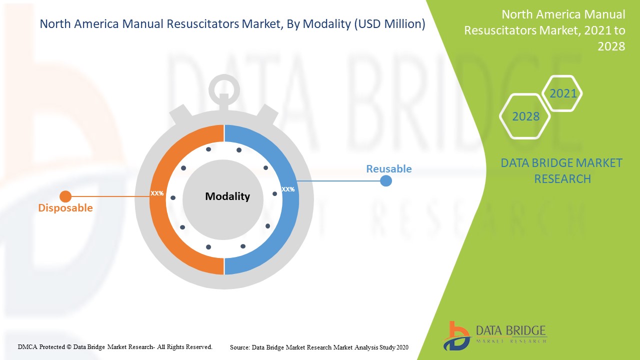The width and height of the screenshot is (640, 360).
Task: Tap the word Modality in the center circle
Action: (x=227, y=196)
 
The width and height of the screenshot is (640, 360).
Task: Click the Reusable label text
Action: (x=388, y=169)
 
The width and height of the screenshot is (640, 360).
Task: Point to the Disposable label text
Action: (x=65, y=208)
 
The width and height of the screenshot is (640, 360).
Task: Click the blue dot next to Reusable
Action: (x=385, y=180)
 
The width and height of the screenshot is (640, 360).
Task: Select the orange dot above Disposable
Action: (x=65, y=196)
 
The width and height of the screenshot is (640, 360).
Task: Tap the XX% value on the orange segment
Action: (x=157, y=193)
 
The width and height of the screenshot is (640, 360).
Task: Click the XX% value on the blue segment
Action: (x=288, y=189)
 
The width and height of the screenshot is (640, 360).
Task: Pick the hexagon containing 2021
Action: (x=562, y=93)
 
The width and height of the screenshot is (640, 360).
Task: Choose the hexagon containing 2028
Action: (x=525, y=116)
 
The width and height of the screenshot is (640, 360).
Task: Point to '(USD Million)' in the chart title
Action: (x=389, y=24)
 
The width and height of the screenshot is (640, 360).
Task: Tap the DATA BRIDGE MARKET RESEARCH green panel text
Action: (x=561, y=170)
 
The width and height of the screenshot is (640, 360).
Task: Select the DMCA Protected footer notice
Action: (x=115, y=346)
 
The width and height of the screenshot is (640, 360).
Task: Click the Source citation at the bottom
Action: (x=319, y=346)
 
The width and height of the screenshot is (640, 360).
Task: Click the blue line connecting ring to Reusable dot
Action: (x=340, y=181)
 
